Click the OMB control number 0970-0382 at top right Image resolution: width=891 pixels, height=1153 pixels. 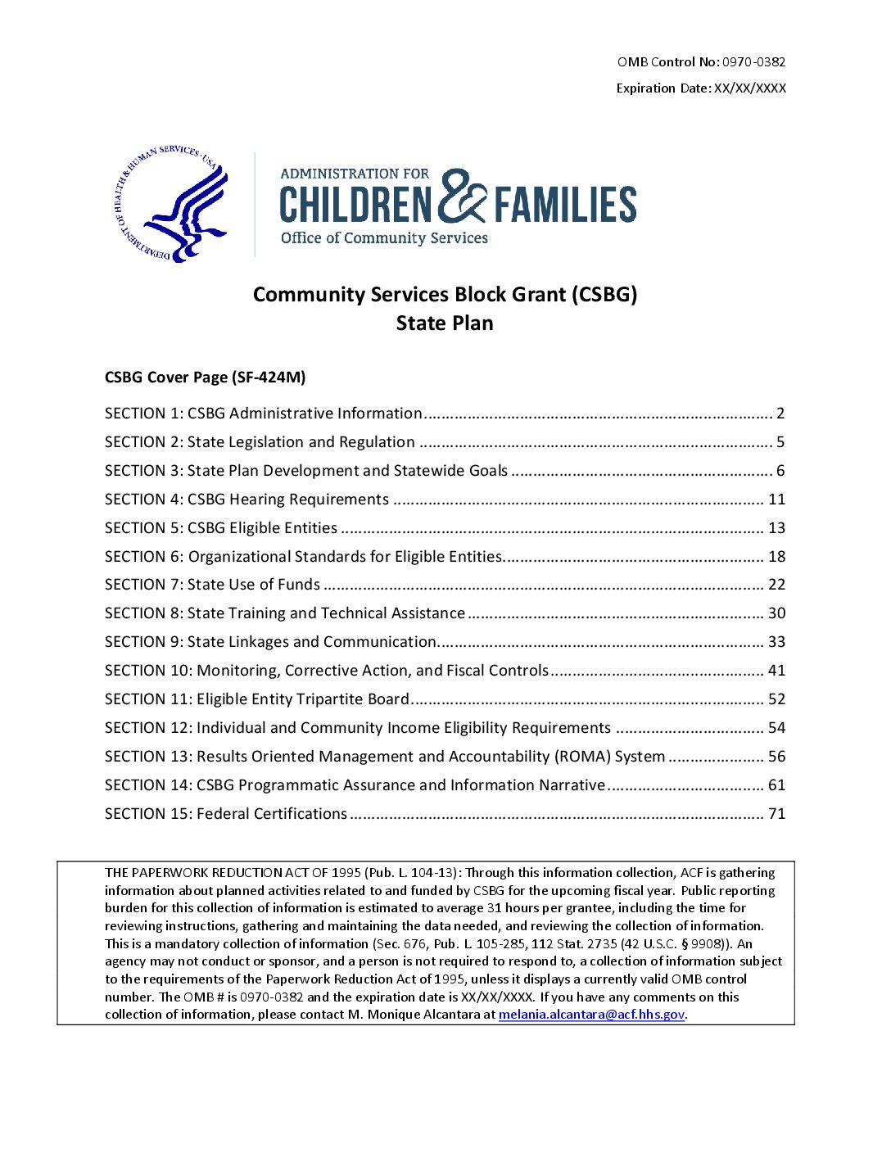pos(753,62)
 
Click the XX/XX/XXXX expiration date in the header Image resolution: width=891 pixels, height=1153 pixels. pos(749,88)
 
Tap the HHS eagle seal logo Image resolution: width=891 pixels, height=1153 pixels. pos(173,204)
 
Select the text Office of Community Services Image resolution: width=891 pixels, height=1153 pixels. pos(384,238)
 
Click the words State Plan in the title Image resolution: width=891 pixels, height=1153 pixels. pos(445,323)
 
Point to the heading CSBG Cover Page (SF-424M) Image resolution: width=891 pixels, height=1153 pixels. pos(205,378)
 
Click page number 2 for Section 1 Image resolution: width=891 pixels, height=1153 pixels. pos(780,414)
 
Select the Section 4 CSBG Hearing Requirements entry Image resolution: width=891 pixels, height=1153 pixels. pos(246,500)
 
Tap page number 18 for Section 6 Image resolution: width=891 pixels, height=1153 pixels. pos(776,557)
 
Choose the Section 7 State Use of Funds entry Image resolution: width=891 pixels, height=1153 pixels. pos(212,585)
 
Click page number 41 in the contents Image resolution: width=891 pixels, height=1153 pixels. pos(776,671)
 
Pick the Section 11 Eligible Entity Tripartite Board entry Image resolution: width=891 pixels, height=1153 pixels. pos(256,699)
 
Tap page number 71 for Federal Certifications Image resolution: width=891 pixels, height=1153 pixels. pos(776,814)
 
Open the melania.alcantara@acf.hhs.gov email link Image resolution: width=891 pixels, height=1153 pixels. pos(591,1015)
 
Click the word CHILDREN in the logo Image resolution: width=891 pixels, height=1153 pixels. pos(355,205)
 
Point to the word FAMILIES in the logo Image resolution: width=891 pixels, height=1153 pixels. pos(565,205)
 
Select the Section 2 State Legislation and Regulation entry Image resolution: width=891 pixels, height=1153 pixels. pos(260,442)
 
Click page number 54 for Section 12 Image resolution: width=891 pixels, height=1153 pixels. pos(776,728)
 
